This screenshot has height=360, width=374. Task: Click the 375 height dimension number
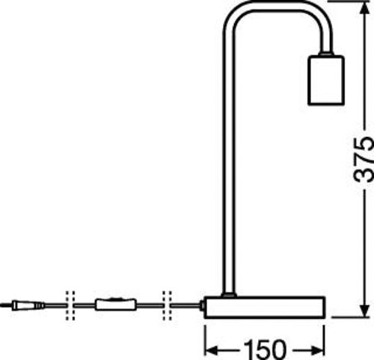click(364, 159)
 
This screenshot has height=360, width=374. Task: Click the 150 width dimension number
click(265, 350)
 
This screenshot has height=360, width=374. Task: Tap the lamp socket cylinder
click(326, 80)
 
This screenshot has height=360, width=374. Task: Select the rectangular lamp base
click(265, 308)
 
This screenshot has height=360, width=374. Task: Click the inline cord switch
click(116, 305)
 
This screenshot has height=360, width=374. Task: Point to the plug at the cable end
click(24, 305)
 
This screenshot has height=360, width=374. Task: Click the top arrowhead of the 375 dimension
click(365, 8)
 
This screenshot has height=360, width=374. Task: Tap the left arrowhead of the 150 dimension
click(212, 350)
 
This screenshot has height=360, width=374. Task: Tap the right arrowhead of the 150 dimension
click(318, 350)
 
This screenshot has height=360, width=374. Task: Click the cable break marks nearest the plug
click(70, 305)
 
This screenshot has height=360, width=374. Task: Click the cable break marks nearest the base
click(167, 305)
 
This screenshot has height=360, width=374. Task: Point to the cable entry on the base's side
click(202, 305)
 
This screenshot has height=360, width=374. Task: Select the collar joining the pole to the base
click(229, 295)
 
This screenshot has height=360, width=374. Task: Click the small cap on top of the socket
click(326, 54)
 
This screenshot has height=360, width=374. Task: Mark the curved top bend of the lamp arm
click(278, 5)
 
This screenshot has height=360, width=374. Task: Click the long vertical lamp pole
click(229, 162)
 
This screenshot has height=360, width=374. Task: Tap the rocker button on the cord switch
click(115, 298)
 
